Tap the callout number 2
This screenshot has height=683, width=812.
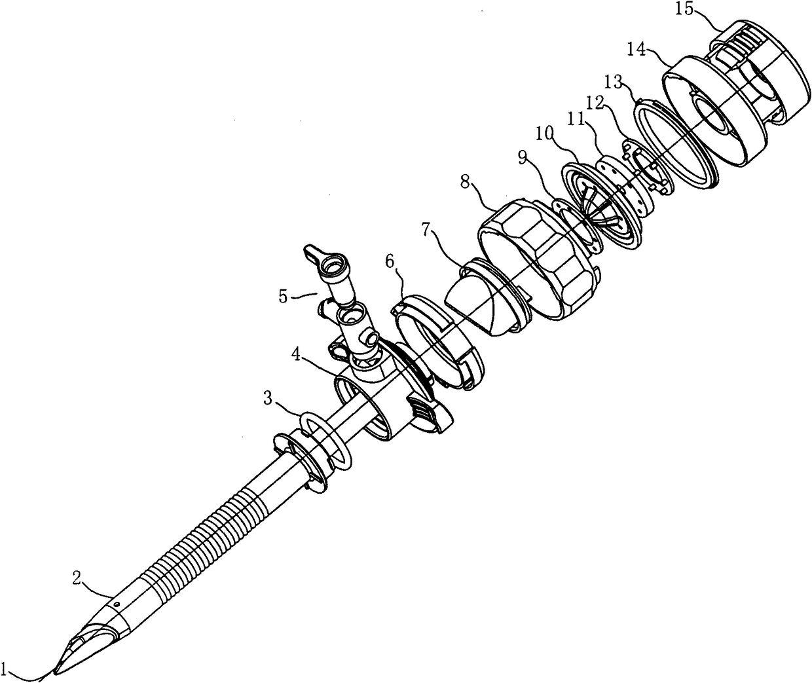[77, 578]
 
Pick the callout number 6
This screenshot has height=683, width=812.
[390, 261]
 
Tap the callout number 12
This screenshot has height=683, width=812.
[593, 103]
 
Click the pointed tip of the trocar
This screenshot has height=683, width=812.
[56, 671]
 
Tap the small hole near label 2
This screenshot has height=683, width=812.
[116, 603]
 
